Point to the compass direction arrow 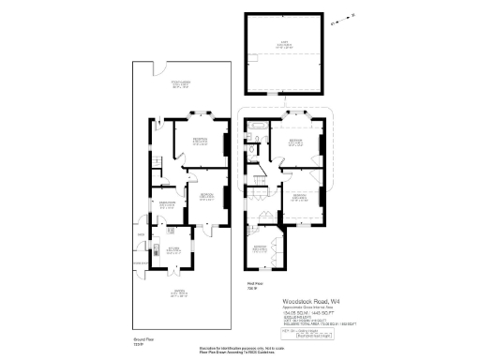click(x=343, y=18)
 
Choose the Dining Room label click(x=168, y=204)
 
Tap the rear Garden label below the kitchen click(x=171, y=292)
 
